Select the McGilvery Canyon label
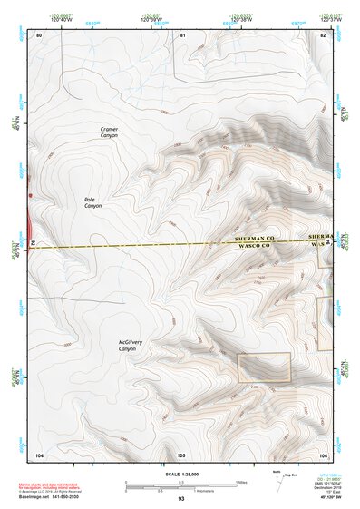pyautogui.click(x=127, y=346)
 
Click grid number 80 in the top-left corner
pyautogui.click(x=39, y=34)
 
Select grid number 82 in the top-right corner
pyautogui.click(x=324, y=34)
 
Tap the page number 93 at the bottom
pyautogui.click(x=181, y=499)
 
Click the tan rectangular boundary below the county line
pyautogui.click(x=264, y=367)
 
